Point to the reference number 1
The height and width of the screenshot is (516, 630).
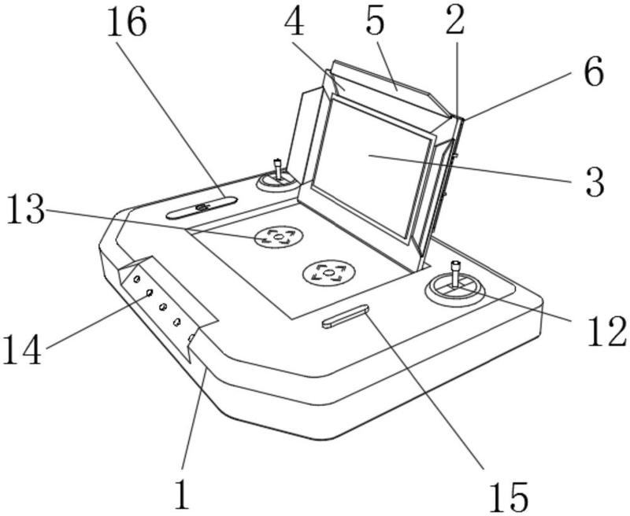pyautogui.click(x=182, y=493)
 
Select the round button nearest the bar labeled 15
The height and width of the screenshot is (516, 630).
pyautogui.click(x=329, y=274)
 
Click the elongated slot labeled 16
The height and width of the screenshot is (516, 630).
pyautogui.click(x=202, y=208)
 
